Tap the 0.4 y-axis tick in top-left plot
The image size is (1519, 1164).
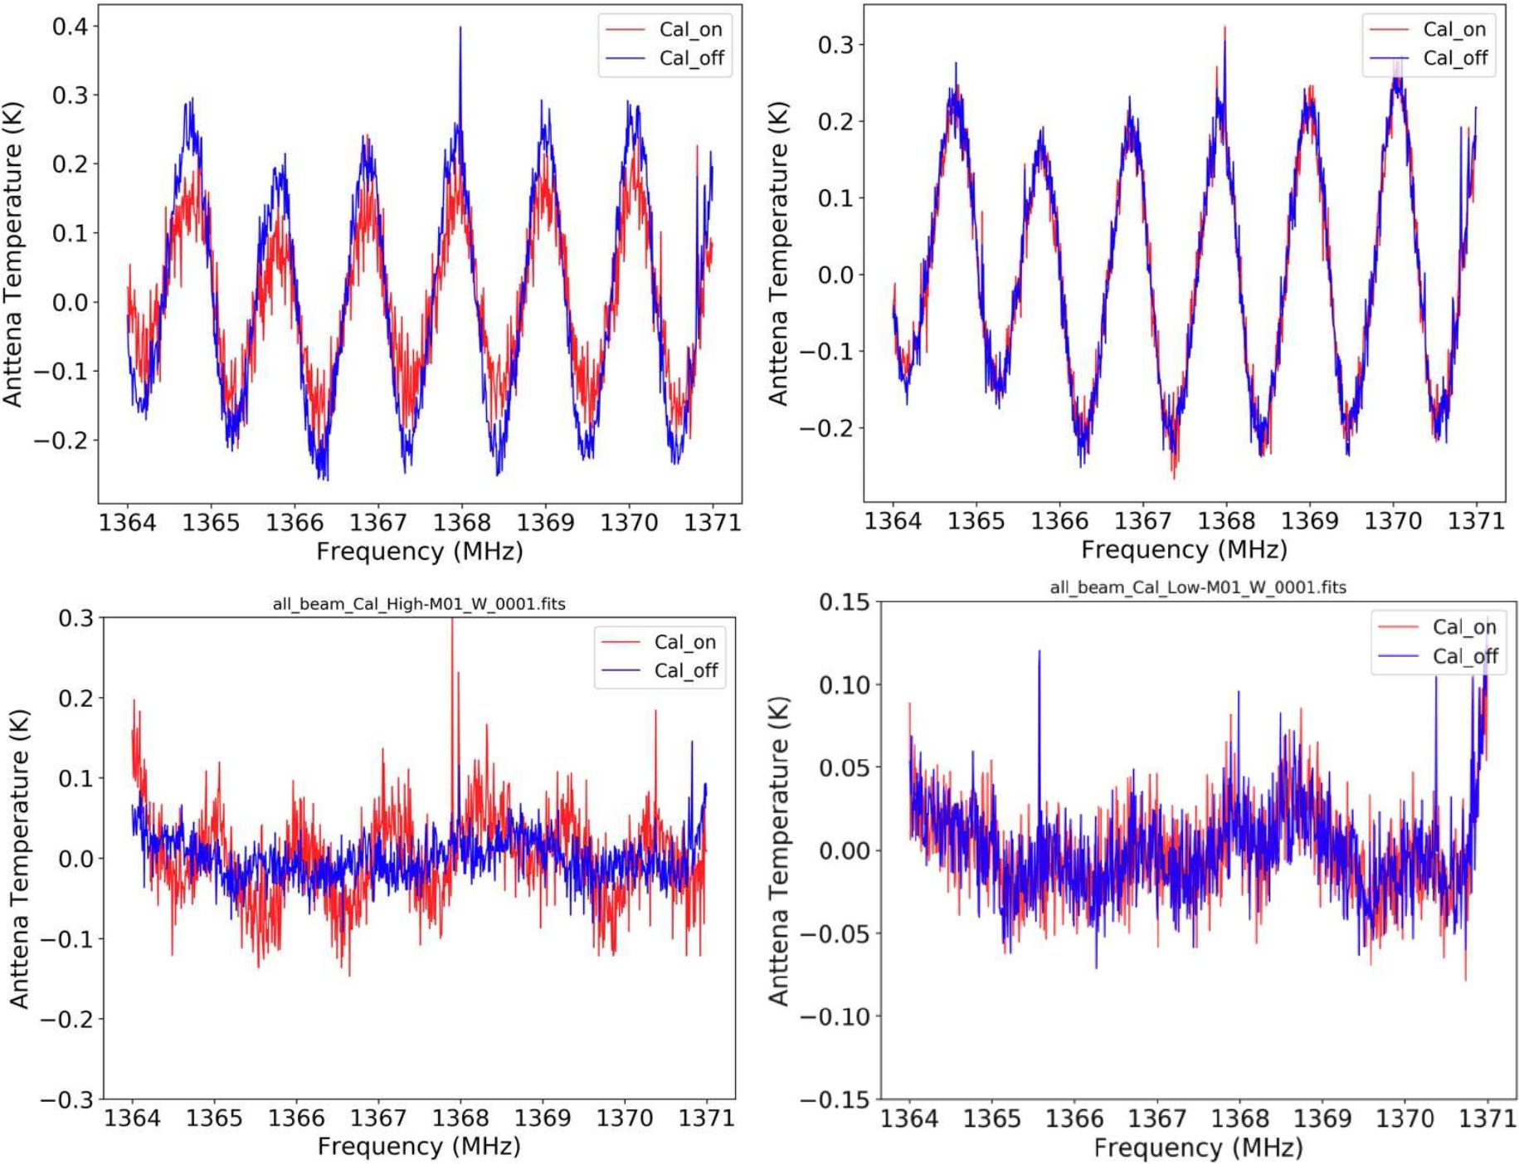coord(70,27)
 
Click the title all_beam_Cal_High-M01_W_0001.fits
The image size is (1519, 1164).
coord(419,604)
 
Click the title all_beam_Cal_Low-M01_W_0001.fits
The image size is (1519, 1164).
coord(1198,587)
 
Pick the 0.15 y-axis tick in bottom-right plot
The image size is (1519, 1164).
coord(844,602)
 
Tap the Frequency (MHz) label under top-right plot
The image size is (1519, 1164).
coord(1184,549)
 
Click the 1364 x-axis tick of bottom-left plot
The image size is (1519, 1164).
coord(132,1118)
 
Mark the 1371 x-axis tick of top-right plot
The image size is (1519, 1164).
coord(1476,521)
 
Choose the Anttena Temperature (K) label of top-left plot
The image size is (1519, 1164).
coord(12,254)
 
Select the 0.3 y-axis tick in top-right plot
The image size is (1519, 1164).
coord(835,45)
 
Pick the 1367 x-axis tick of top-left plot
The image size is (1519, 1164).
coord(377,523)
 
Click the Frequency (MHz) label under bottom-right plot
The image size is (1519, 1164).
coord(1198,1148)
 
